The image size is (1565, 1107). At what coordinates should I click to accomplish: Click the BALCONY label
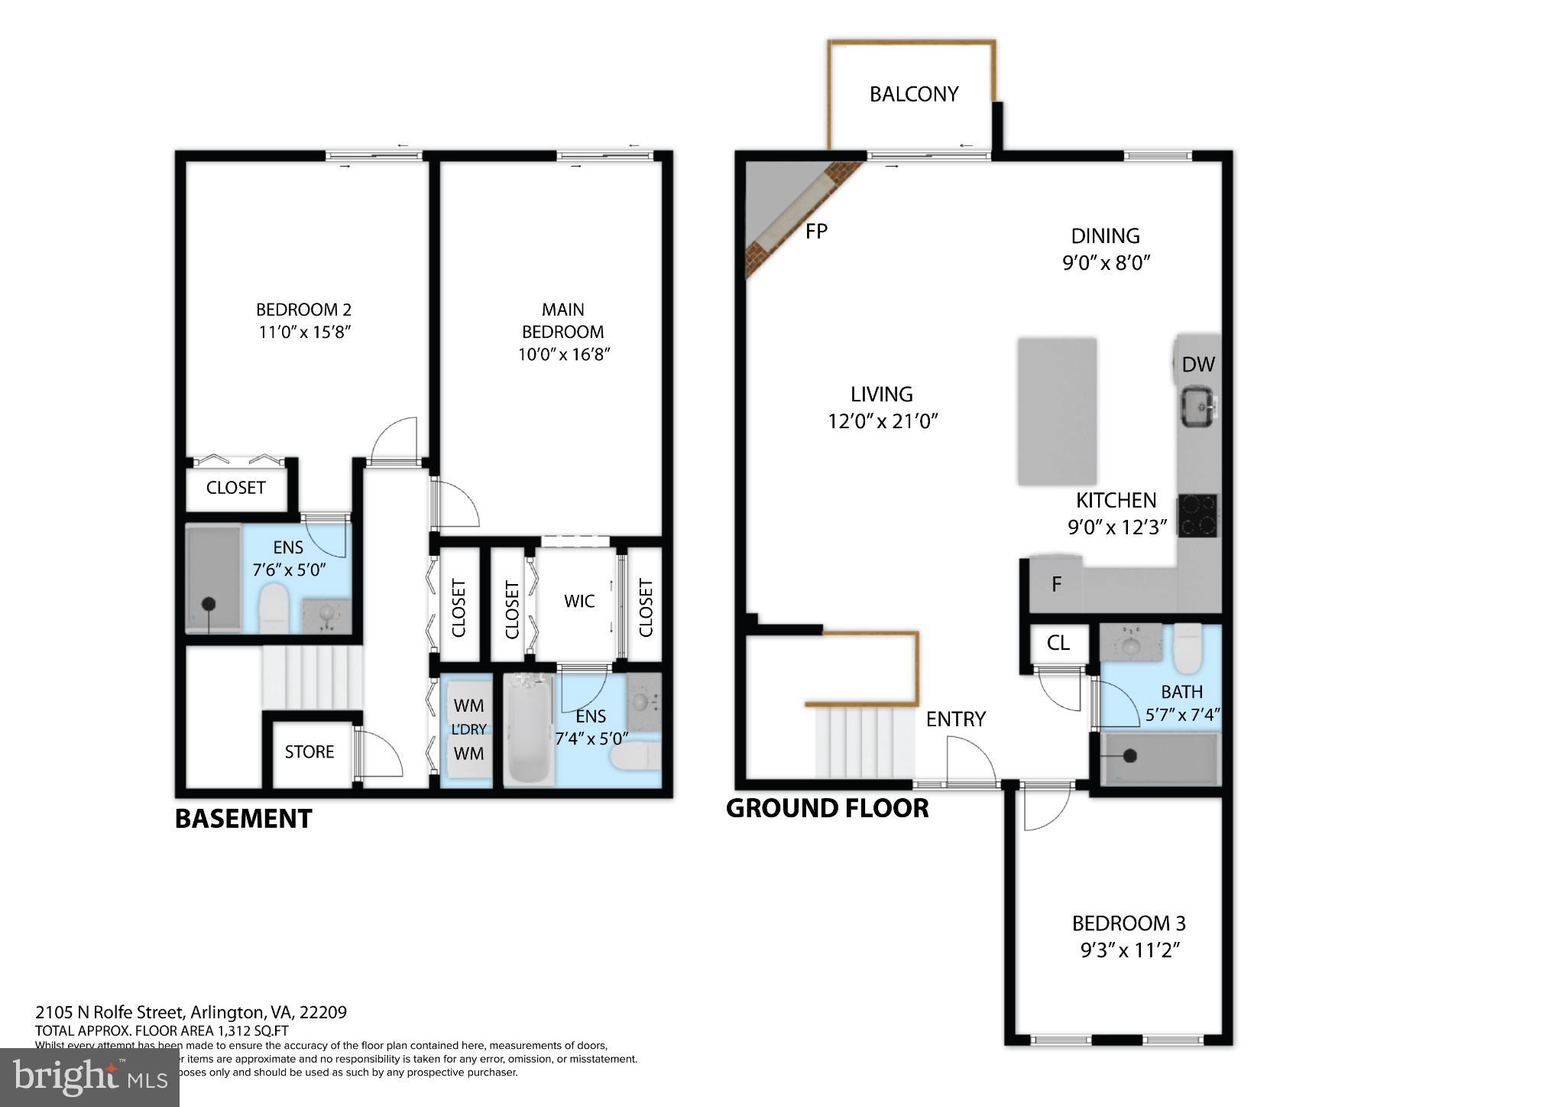(913, 94)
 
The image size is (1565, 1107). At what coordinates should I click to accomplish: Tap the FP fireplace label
(816, 230)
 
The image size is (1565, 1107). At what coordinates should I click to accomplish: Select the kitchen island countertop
(1056, 411)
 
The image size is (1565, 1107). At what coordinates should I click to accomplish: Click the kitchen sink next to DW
(1199, 406)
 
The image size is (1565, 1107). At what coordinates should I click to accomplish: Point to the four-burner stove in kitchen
(1197, 515)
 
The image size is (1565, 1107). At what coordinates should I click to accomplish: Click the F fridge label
(1056, 585)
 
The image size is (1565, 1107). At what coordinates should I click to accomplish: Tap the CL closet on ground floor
(1058, 643)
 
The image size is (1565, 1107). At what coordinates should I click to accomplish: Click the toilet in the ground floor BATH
(1187, 648)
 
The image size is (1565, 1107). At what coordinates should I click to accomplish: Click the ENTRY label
(955, 719)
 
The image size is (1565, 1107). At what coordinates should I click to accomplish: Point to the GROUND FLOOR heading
(827, 808)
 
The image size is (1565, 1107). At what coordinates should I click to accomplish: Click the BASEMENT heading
(243, 819)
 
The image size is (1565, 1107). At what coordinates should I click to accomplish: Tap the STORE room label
(309, 752)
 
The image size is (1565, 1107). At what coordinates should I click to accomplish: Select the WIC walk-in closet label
(578, 601)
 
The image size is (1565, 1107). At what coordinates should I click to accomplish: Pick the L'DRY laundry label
(468, 729)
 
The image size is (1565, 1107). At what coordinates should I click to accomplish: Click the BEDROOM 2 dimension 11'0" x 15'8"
(304, 333)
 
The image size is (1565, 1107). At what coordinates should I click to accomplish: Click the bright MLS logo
(89, 1076)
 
